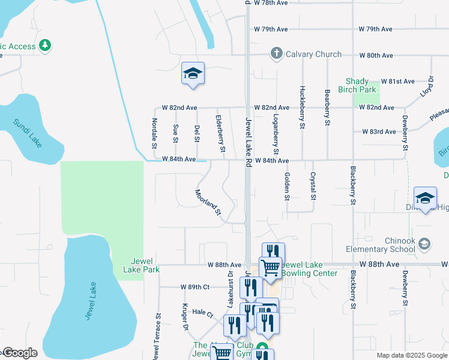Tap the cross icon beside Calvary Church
pos(276,54)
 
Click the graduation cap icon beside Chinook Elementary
pos(424,243)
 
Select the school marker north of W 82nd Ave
pos(193,74)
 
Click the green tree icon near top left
pos(44,45)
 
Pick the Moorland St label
pos(208,203)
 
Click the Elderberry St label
pos(220,133)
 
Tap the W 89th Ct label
pos(195,287)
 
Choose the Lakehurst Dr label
pos(231,289)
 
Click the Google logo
pos(19,353)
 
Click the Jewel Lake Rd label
pos(249,139)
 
